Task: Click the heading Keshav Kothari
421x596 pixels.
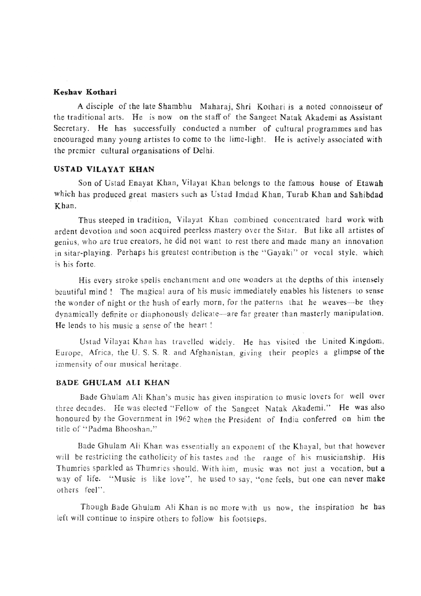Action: click(x=85, y=92)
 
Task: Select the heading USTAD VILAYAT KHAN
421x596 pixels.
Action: click(x=104, y=169)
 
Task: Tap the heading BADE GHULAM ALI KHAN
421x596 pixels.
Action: click(x=112, y=382)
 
